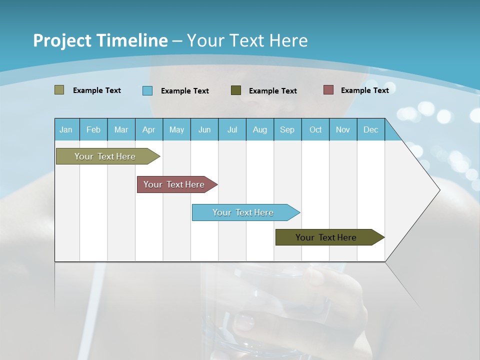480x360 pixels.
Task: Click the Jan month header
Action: [x=66, y=129]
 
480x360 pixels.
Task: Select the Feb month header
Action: [x=93, y=129]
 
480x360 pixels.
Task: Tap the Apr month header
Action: [x=149, y=129]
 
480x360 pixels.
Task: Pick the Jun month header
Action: [x=204, y=129]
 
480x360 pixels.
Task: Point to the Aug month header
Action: [x=260, y=129]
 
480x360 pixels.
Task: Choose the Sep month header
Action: [x=287, y=129]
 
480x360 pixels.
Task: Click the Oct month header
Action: [x=315, y=129]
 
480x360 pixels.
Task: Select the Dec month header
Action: [x=371, y=129]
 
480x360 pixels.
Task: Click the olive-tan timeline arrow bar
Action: [x=105, y=156]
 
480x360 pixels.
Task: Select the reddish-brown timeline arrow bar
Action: [x=174, y=184]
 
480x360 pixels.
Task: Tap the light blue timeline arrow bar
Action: [x=243, y=212]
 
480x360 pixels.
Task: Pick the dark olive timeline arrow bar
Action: [x=326, y=237]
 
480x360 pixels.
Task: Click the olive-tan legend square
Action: [x=59, y=90]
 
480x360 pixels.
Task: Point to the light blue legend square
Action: [x=147, y=90]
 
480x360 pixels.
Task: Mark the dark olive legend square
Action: [x=236, y=90]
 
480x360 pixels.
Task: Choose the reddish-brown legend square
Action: [x=328, y=90]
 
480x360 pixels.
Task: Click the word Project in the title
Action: [x=62, y=40]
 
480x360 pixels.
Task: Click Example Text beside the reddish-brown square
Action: [x=364, y=90]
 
